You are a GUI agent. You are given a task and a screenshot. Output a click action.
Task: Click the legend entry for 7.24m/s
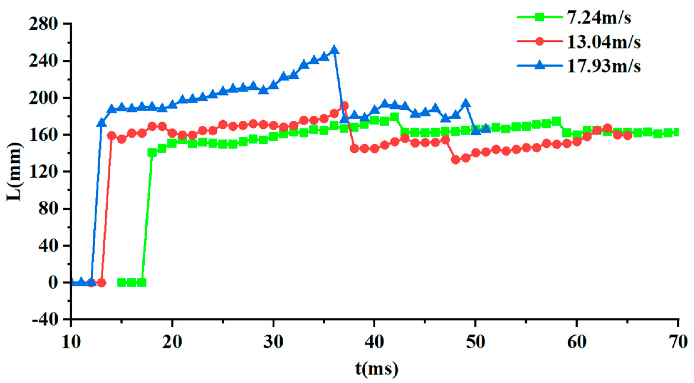tap(598, 17)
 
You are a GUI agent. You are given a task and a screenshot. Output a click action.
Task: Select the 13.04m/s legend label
tap(603, 42)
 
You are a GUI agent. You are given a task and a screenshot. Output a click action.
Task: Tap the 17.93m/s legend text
tap(603, 66)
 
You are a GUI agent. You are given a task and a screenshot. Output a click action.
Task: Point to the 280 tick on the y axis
tap(43, 24)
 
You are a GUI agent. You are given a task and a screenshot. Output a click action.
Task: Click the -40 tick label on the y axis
tap(45, 320)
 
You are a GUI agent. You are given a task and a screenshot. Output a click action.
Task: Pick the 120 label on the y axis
tap(43, 172)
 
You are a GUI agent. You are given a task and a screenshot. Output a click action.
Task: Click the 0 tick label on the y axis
tap(53, 283)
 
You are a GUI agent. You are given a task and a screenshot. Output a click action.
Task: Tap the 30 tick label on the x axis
tap(273, 342)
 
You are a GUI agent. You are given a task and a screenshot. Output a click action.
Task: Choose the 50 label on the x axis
tap(476, 342)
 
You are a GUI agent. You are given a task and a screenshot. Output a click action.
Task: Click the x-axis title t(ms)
tap(377, 369)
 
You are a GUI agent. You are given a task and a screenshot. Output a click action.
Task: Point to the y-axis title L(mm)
tap(14, 172)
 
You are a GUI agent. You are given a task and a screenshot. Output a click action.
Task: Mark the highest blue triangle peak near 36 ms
tap(334, 50)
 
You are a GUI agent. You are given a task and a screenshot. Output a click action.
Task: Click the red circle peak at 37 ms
tap(344, 106)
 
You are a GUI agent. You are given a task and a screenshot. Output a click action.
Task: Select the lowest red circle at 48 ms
tap(456, 160)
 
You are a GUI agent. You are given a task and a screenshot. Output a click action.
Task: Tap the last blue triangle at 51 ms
tap(486, 128)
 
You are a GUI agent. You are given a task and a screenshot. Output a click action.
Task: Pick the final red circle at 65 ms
tap(627, 135)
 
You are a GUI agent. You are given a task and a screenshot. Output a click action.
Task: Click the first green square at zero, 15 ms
tap(122, 283)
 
